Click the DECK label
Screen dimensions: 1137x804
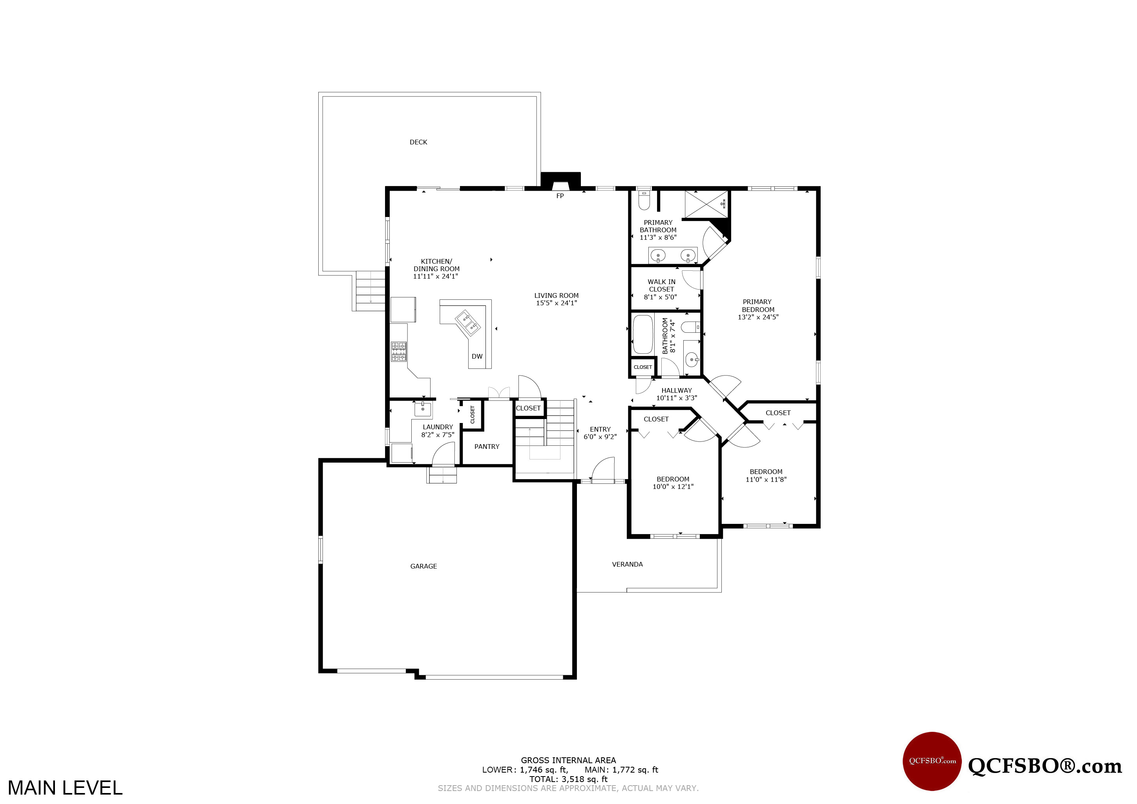pyautogui.click(x=418, y=142)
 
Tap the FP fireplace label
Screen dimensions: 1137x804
pyautogui.click(x=560, y=196)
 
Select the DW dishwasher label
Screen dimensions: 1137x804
pyautogui.click(x=477, y=356)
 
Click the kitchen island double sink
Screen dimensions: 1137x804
pyautogui.click(x=468, y=323)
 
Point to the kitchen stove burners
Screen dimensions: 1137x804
pyautogui.click(x=399, y=352)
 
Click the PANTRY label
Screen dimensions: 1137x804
pyautogui.click(x=487, y=447)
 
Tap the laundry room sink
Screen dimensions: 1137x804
pyautogui.click(x=423, y=409)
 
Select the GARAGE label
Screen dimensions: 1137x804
pyautogui.click(x=423, y=566)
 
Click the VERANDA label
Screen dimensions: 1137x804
pyautogui.click(x=628, y=564)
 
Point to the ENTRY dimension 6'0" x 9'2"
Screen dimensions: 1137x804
pyautogui.click(x=600, y=437)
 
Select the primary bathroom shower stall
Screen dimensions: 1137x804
pyautogui.click(x=707, y=204)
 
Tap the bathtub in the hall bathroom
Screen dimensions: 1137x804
pyautogui.click(x=643, y=334)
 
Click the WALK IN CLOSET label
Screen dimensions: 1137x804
pyautogui.click(x=662, y=286)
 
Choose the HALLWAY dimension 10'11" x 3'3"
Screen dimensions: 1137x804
pyautogui.click(x=677, y=398)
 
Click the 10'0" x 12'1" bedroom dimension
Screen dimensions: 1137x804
pyautogui.click(x=673, y=487)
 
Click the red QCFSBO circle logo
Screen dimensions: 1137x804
pyautogui.click(x=933, y=761)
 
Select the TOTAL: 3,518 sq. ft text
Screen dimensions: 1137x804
pyautogui.click(x=568, y=779)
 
